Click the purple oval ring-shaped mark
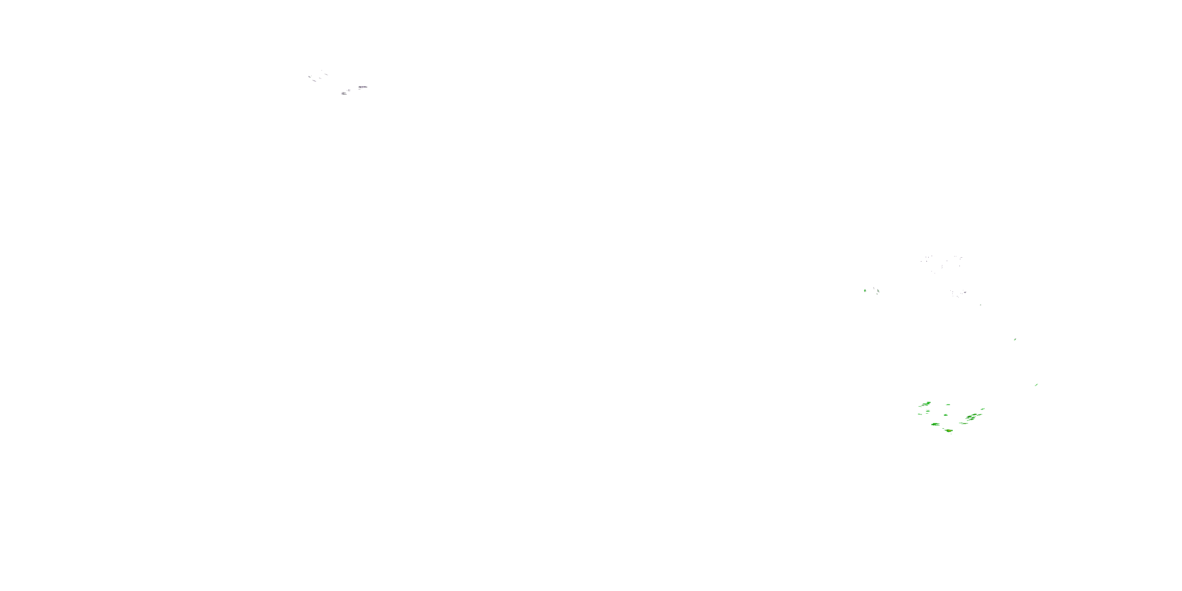[x=363, y=87]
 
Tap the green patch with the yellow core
[x=950, y=431]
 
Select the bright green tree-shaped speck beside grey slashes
[x=865, y=291]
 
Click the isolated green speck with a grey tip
[x=1015, y=340]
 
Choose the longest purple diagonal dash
[x=314, y=81]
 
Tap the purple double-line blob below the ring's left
[x=344, y=94]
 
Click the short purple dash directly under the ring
[x=360, y=89]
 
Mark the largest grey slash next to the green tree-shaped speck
[x=878, y=291]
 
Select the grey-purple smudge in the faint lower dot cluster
[x=965, y=293]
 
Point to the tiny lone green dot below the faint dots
[x=981, y=305]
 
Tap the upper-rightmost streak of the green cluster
[x=983, y=409]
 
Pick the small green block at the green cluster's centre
[x=946, y=415]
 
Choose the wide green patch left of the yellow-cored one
[x=936, y=424]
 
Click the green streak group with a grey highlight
[x=971, y=418]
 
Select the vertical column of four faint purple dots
[x=942, y=267]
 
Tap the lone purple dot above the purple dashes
[x=322, y=70]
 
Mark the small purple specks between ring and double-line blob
[x=349, y=90]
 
